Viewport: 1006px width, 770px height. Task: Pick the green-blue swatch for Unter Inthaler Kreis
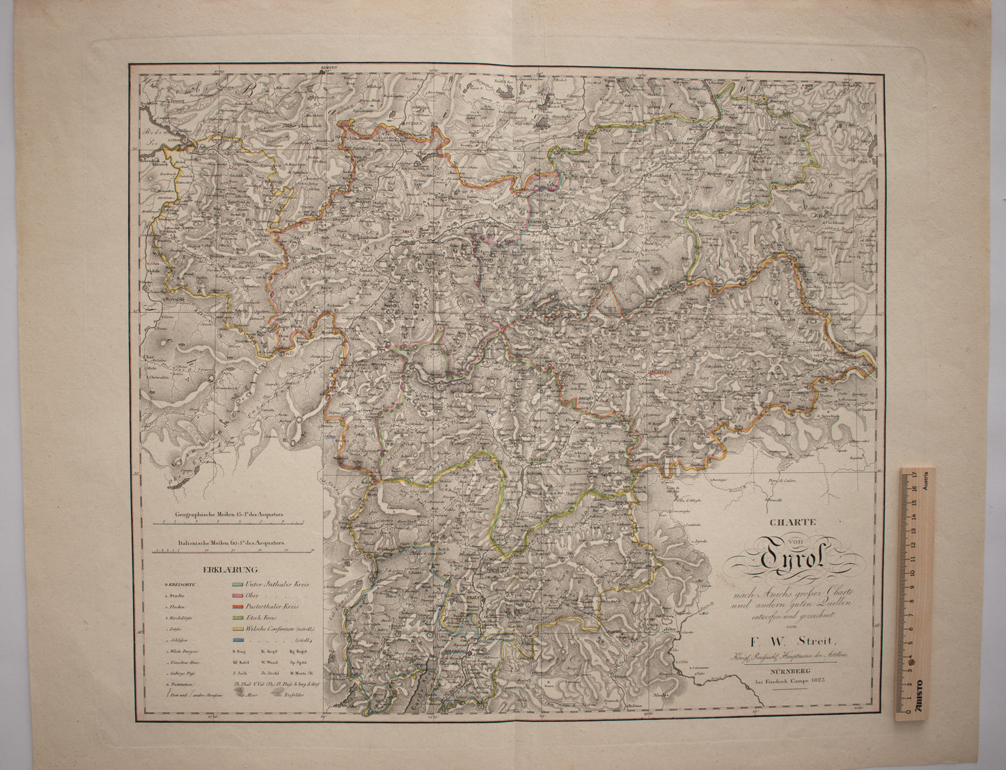tap(237, 583)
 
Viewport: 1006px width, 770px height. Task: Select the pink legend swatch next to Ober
tap(237, 595)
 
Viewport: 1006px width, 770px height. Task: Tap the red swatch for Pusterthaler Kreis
tap(237, 606)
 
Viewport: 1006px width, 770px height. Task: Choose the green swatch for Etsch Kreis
tap(237, 618)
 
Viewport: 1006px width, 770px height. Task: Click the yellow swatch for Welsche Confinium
tap(237, 629)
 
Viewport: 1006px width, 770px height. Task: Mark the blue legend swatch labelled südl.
tap(237, 640)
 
